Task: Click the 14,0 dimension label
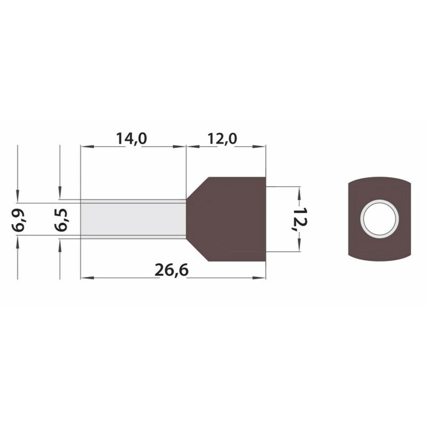(x=132, y=138)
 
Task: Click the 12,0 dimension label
(x=222, y=138)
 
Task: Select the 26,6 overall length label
(x=172, y=270)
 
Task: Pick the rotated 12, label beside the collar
(x=300, y=219)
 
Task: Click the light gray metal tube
(x=133, y=219)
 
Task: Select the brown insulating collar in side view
(x=226, y=219)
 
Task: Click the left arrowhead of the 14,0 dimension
(x=87, y=146)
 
